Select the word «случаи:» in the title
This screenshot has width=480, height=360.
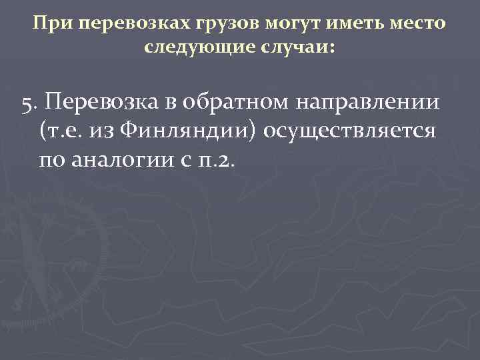click(x=295, y=47)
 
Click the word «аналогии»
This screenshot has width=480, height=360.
click(x=119, y=160)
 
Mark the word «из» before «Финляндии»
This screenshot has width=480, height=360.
click(x=107, y=131)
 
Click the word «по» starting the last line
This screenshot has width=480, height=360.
click(x=53, y=160)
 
